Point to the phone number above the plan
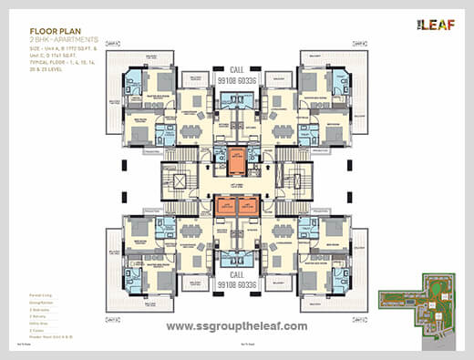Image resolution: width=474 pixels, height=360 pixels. (236, 78)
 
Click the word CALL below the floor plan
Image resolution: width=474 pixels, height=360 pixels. (236, 273)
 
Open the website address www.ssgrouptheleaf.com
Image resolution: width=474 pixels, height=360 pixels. (236, 325)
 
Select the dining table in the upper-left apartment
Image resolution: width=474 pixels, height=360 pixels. (191, 130)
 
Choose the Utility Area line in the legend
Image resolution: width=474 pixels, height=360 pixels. (40, 323)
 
